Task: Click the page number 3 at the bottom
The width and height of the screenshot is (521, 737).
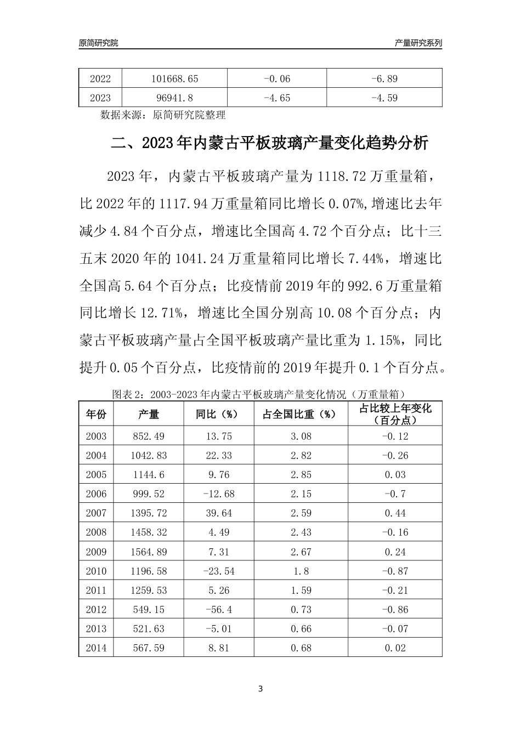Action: coord(260,689)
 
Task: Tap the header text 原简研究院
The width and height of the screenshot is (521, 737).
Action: coord(99,43)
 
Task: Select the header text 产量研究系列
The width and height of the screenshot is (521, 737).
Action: coord(418,43)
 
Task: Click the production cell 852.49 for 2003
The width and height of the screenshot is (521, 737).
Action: coord(148,436)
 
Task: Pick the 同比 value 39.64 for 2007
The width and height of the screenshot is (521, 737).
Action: coord(218,513)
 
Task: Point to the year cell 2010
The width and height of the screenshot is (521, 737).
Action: coord(96,571)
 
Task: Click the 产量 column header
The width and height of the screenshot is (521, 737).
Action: coord(148,415)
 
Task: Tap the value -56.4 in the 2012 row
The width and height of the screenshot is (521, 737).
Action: coord(218,609)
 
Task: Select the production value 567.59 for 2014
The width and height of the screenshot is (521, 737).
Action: coord(148,648)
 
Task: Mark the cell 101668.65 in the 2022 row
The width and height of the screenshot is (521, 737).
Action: coord(174,78)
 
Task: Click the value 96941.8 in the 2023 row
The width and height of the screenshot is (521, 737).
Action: coord(174,98)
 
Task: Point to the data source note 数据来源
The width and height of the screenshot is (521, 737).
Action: coord(163,115)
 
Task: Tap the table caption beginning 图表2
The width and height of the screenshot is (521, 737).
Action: coord(258,394)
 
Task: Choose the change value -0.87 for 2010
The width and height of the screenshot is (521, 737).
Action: coord(395,571)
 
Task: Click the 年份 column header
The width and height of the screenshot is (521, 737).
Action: coord(96,415)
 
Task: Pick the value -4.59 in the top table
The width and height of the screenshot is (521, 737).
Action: coord(384,98)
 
